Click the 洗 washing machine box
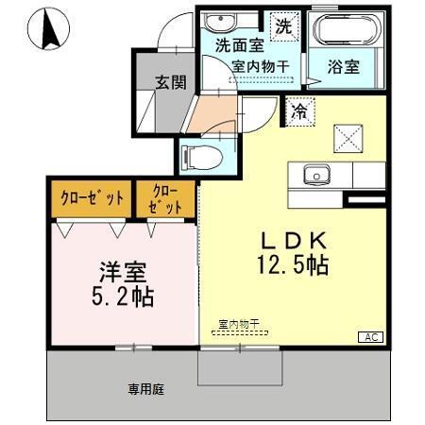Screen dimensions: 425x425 [283, 26]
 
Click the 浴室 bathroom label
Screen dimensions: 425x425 [343, 68]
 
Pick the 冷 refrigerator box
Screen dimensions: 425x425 [298, 110]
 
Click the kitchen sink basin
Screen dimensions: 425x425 [314, 175]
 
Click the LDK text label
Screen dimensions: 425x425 [288, 241]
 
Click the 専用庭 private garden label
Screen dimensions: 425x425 [147, 387]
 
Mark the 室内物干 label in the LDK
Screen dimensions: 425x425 [241, 324]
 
